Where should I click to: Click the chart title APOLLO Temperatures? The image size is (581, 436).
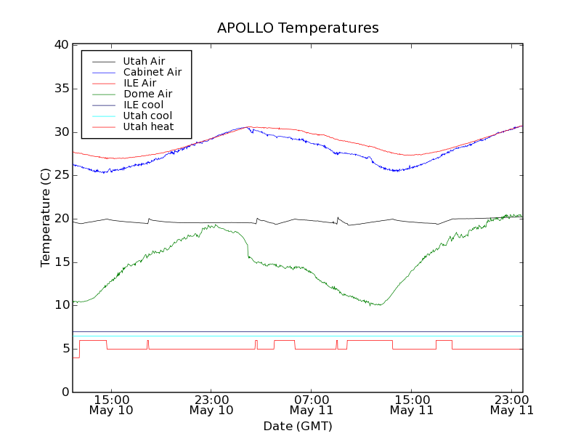click(298, 28)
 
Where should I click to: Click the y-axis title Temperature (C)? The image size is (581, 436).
click(46, 218)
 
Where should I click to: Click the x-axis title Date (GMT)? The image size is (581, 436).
click(298, 426)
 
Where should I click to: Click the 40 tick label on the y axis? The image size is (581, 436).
click(61, 45)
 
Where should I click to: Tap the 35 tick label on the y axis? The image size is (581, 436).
click(61, 89)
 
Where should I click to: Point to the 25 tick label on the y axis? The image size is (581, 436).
click(61, 175)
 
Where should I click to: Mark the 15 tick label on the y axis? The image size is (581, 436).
click(61, 262)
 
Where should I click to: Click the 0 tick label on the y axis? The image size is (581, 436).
click(65, 392)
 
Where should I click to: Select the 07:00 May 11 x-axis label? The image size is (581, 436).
click(312, 404)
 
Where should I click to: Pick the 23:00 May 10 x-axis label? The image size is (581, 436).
click(211, 404)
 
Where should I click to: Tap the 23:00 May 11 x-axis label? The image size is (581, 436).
click(512, 404)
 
